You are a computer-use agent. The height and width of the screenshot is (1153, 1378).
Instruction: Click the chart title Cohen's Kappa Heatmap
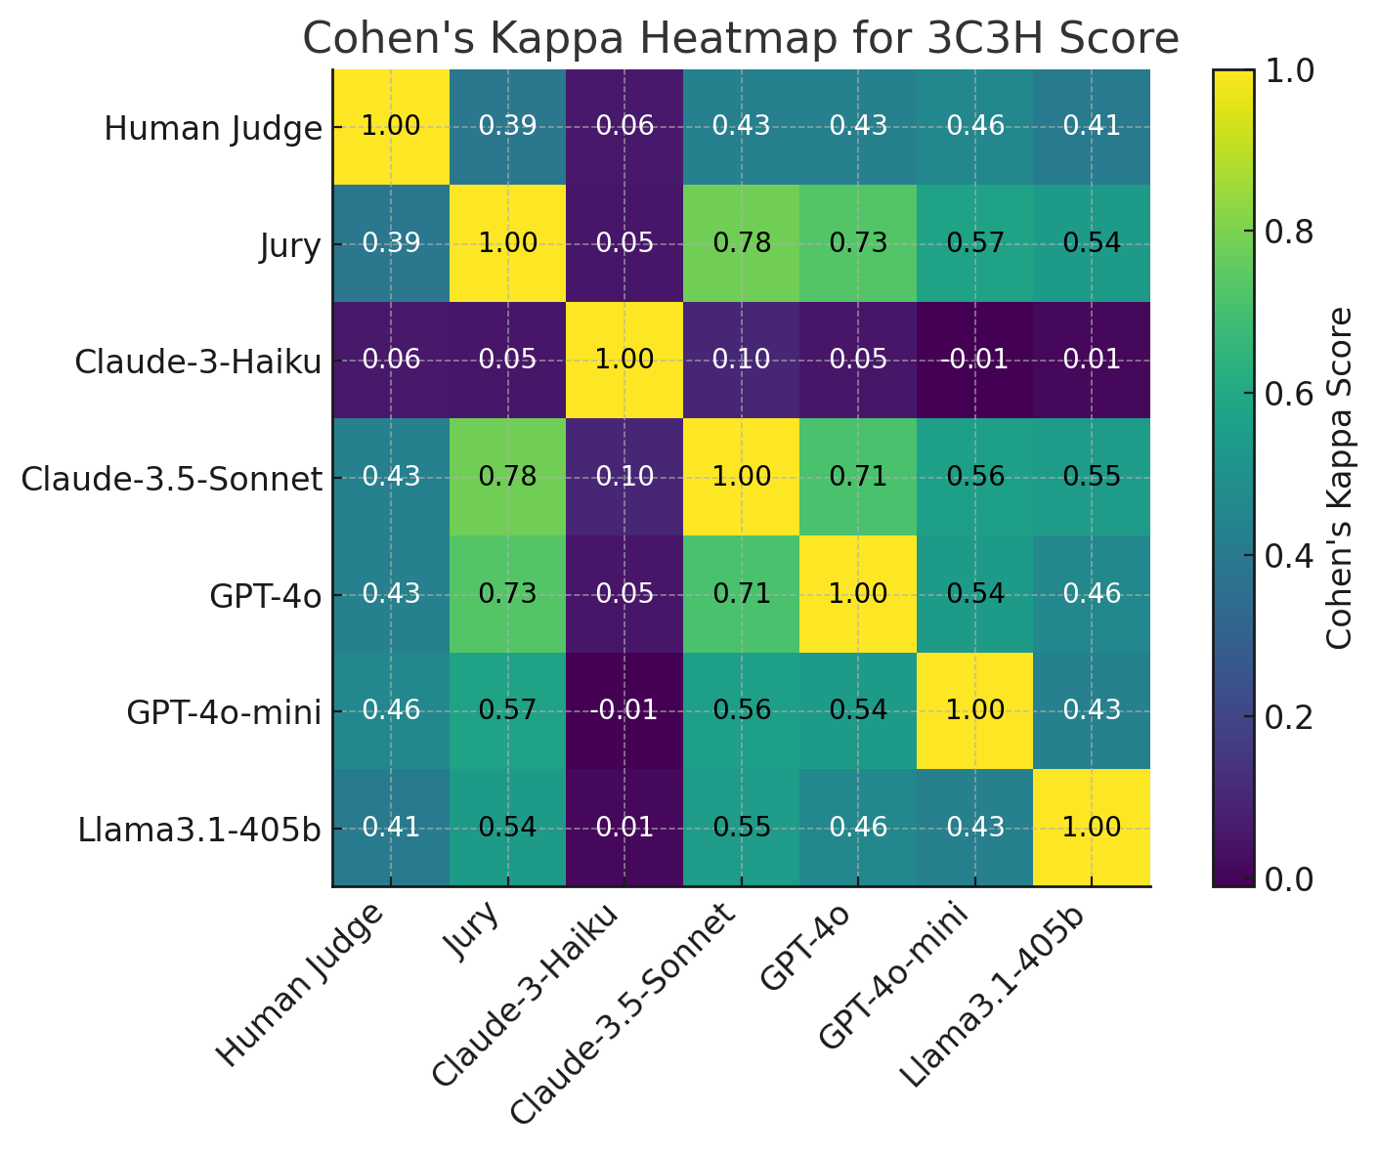(741, 39)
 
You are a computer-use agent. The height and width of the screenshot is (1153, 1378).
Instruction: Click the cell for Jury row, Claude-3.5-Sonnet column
(741, 243)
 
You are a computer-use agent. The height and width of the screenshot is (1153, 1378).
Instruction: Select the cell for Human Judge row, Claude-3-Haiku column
(624, 126)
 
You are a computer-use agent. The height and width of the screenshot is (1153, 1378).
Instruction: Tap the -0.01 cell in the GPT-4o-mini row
(624, 710)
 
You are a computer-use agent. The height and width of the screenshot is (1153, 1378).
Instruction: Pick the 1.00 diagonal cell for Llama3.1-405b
(1092, 828)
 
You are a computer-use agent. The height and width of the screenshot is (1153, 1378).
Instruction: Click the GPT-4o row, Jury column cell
(507, 594)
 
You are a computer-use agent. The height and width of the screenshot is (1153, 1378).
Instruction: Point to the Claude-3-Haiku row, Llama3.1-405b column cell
(1092, 360)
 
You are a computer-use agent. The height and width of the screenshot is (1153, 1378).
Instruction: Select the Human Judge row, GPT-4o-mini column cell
(974, 126)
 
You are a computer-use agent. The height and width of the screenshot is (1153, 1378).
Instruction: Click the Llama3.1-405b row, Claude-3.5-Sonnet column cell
(741, 828)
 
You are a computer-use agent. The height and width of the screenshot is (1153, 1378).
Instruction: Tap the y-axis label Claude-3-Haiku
(198, 362)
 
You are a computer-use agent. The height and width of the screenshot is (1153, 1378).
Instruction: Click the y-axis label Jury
(290, 245)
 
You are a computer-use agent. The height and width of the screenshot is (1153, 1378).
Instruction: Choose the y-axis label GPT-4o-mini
(224, 713)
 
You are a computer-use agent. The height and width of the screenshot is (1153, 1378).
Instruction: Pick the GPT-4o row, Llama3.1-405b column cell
(1092, 594)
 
